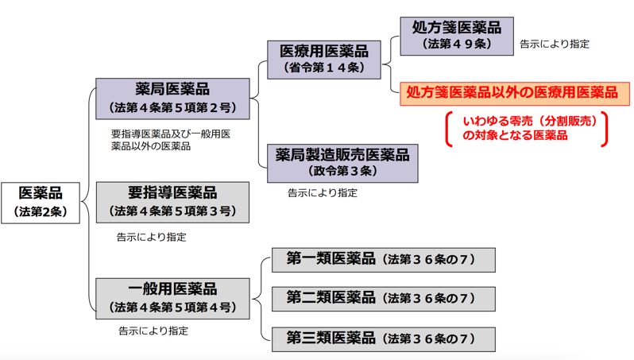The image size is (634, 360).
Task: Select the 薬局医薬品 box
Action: [172, 96]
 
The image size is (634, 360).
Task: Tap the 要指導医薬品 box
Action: [172, 202]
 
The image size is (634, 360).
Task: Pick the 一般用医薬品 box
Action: [172, 298]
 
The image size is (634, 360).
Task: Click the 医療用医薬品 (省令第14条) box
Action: [328, 59]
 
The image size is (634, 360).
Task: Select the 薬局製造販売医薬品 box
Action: [342, 161]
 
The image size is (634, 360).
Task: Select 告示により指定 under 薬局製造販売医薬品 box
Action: [323, 192]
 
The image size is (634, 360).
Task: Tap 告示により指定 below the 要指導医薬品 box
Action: [152, 236]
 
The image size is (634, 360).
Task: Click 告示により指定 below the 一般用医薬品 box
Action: [153, 331]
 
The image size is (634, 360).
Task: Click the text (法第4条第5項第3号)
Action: [172, 211]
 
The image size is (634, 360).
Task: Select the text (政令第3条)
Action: [342, 171]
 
